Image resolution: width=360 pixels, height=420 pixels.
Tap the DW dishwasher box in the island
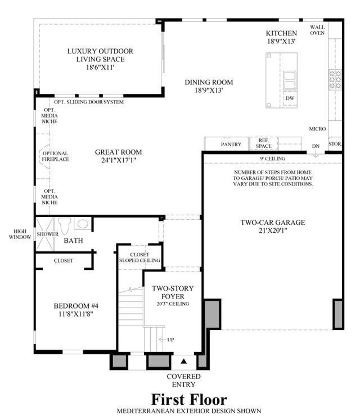click(x=290, y=98)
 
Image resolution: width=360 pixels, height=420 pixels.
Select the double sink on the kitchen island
click(x=290, y=80)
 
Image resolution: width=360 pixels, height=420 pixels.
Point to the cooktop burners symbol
click(x=335, y=79)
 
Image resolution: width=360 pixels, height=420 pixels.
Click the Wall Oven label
click(x=317, y=30)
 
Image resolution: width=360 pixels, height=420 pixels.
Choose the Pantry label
click(x=231, y=144)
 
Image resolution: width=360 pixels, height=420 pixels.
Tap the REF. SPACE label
click(x=263, y=143)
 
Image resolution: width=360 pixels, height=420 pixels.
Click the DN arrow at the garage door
click(x=316, y=154)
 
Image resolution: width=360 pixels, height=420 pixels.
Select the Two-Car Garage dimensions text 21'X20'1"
click(x=273, y=231)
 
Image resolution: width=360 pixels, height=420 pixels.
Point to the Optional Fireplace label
click(x=56, y=156)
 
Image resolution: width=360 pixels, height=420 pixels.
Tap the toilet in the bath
click(x=64, y=225)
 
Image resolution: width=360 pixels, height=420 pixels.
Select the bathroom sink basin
click(x=83, y=224)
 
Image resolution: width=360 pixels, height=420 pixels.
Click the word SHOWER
click(x=48, y=234)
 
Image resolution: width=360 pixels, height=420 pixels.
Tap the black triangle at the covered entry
click(x=183, y=361)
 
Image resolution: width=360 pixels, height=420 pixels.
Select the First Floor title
click(x=189, y=399)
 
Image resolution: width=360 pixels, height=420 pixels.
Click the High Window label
click(x=20, y=234)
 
